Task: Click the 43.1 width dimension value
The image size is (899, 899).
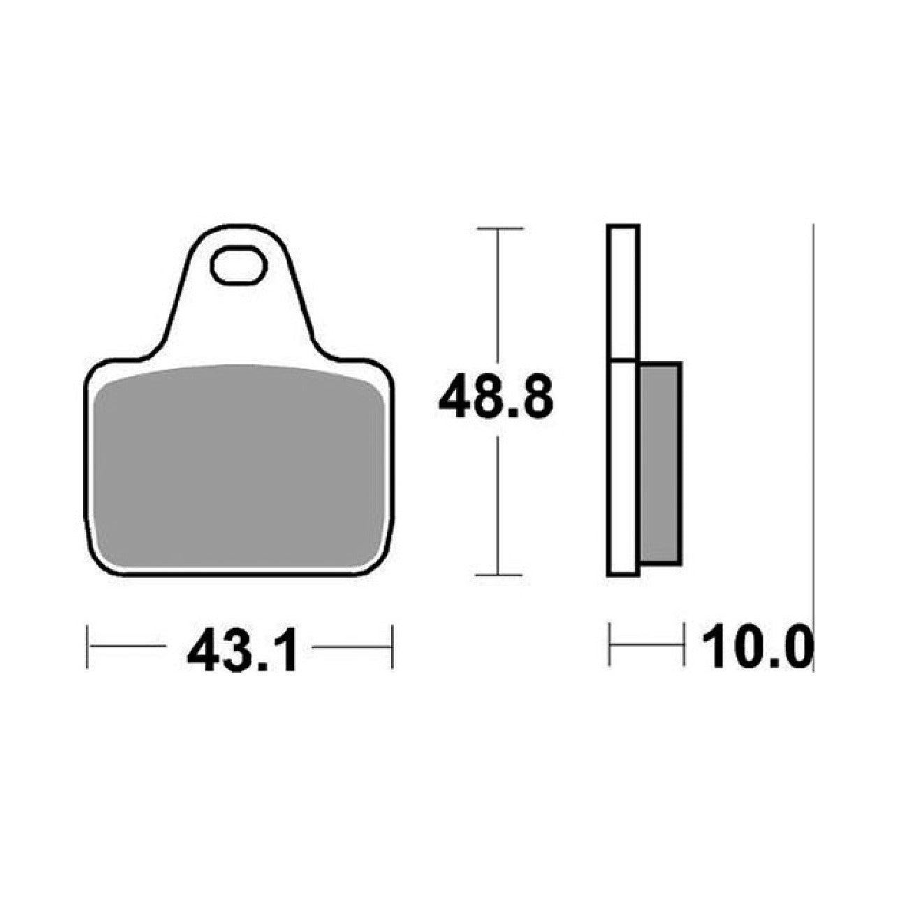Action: [241, 648]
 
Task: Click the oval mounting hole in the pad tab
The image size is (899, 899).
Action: [239, 265]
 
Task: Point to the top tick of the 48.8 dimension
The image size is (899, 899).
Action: [499, 228]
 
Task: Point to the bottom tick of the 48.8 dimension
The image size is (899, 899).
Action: [498, 575]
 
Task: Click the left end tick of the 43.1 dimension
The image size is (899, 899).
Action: [88, 647]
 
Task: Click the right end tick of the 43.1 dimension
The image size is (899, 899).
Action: [393, 647]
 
